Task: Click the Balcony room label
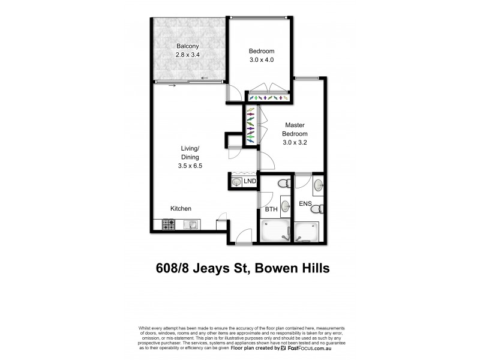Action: click(x=187, y=46)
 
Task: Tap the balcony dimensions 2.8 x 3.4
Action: click(x=187, y=55)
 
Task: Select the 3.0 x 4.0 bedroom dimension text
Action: click(x=261, y=60)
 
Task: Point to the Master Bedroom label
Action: click(x=296, y=129)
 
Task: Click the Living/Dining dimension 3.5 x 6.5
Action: click(x=190, y=166)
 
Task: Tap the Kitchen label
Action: click(x=181, y=209)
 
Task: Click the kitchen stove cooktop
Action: click(x=168, y=225)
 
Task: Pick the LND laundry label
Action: click(x=250, y=181)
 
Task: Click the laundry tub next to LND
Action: click(x=237, y=181)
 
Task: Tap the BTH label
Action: click(x=271, y=209)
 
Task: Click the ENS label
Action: click(x=305, y=205)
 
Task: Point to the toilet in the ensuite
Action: click(x=322, y=209)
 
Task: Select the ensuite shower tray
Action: click(x=308, y=232)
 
